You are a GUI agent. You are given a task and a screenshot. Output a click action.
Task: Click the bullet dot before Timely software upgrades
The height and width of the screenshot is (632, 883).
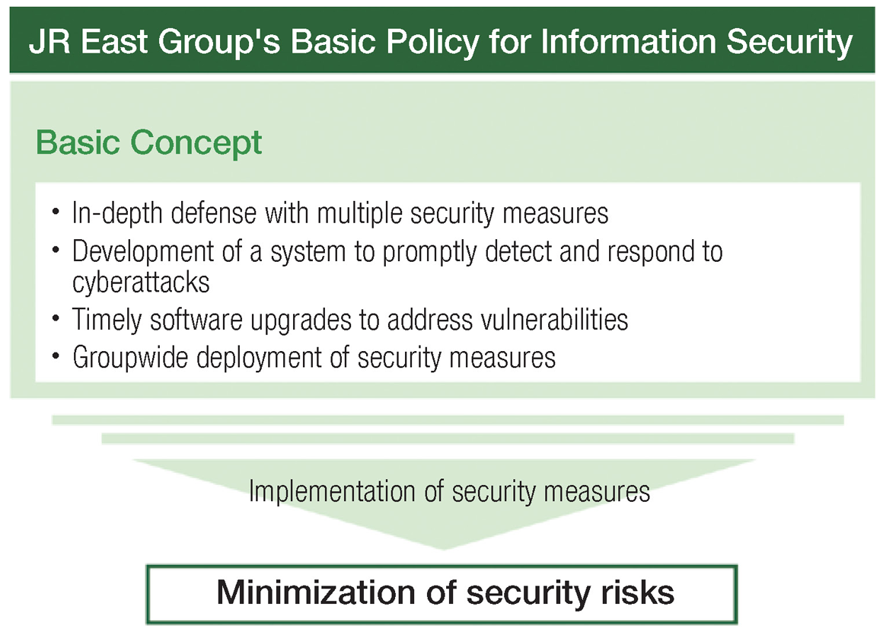(x=56, y=319)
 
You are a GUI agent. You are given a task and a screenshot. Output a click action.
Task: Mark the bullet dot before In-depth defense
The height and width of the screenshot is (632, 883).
(x=56, y=212)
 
